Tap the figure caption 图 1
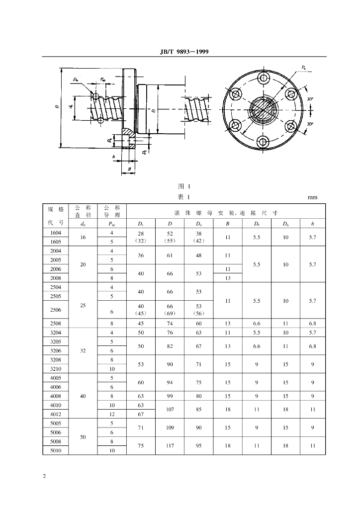pyautogui.click(x=184, y=186)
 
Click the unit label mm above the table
pyautogui.click(x=312, y=197)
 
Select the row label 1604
pyautogui.click(x=56, y=233)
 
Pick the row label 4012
pyautogui.click(x=56, y=414)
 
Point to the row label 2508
pyautogui.click(x=56, y=323)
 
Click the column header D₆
pyautogui.click(x=285, y=224)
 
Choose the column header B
pyautogui.click(x=228, y=224)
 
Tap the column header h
pyautogui.click(x=312, y=224)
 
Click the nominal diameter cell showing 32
pyautogui.click(x=83, y=350)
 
